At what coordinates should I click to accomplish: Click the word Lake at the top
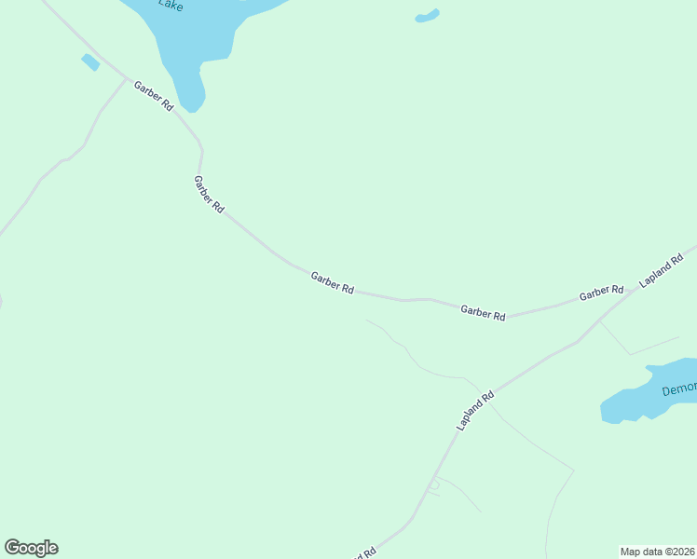[x=170, y=6]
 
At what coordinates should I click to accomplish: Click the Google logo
[x=31, y=548]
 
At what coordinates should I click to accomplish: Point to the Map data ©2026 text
[x=656, y=552]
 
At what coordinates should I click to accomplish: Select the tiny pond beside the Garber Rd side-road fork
[x=90, y=62]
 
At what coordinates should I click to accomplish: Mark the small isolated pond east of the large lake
[x=427, y=16]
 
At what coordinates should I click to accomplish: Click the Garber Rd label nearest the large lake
[x=154, y=96]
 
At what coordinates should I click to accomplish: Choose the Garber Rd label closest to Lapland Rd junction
[x=600, y=293]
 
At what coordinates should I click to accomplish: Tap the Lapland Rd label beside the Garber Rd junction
[x=662, y=268]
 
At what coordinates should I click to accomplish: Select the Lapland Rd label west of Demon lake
[x=475, y=411]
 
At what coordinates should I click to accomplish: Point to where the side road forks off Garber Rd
[x=126, y=78]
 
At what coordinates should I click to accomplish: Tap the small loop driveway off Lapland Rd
[x=433, y=484]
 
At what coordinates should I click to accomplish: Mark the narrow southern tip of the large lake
[x=192, y=103]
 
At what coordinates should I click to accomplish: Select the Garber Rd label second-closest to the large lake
[x=208, y=195]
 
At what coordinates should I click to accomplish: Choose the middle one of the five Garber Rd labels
[x=333, y=282]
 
